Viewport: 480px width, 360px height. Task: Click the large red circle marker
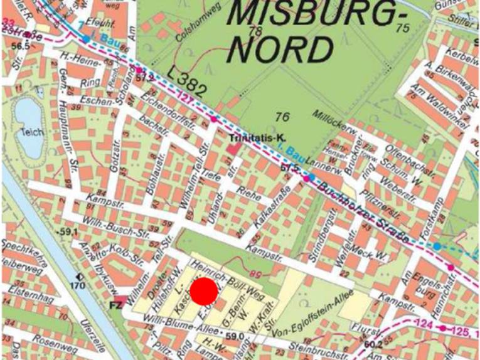tap(204, 292)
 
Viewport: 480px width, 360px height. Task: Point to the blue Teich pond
tap(28, 129)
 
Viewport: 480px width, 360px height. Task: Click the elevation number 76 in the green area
tap(282, 116)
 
